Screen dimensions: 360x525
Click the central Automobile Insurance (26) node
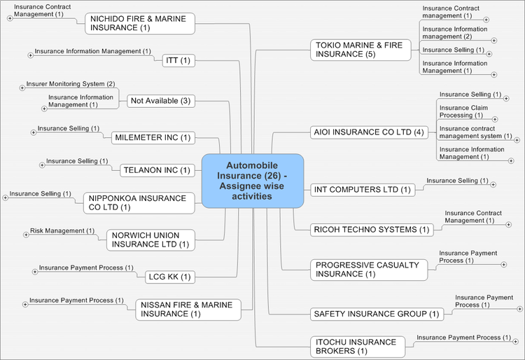tap(253, 181)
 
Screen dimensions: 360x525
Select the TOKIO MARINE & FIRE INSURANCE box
tap(359, 49)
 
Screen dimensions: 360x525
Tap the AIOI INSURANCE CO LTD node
tap(368, 132)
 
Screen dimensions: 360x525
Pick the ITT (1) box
tap(177, 60)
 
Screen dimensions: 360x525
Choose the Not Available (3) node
tap(160, 101)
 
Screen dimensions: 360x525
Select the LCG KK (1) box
tap(169, 277)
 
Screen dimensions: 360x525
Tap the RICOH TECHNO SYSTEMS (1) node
tap(372, 229)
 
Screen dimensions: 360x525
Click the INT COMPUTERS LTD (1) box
tap(362, 189)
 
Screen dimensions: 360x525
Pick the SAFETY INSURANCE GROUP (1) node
tap(377, 314)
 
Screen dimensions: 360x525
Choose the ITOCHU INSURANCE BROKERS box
tap(356, 346)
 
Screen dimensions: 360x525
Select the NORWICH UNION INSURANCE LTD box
tap(150, 240)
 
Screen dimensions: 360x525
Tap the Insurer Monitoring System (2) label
tap(70, 84)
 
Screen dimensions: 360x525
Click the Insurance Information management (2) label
tap(455, 33)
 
